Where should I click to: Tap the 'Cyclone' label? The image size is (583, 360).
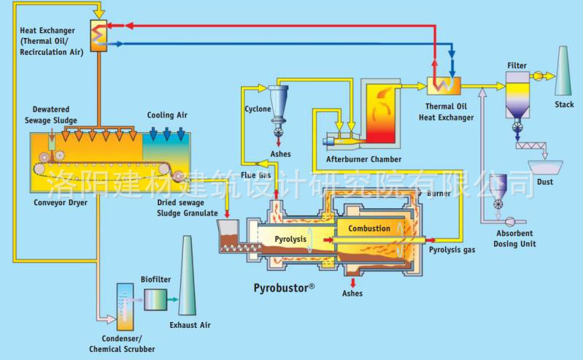point(258,110)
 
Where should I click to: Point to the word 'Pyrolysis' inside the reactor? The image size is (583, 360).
point(290,240)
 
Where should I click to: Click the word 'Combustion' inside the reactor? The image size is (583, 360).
point(368,229)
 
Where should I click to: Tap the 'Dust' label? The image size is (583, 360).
point(544,180)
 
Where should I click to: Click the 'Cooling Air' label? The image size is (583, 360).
point(166,115)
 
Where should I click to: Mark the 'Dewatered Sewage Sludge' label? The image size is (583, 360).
point(55,115)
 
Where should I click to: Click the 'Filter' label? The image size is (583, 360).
point(517,66)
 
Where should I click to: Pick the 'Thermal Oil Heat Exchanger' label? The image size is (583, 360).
point(446,112)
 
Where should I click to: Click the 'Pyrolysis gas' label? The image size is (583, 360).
point(452,250)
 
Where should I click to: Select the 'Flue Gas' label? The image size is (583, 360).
point(257,175)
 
